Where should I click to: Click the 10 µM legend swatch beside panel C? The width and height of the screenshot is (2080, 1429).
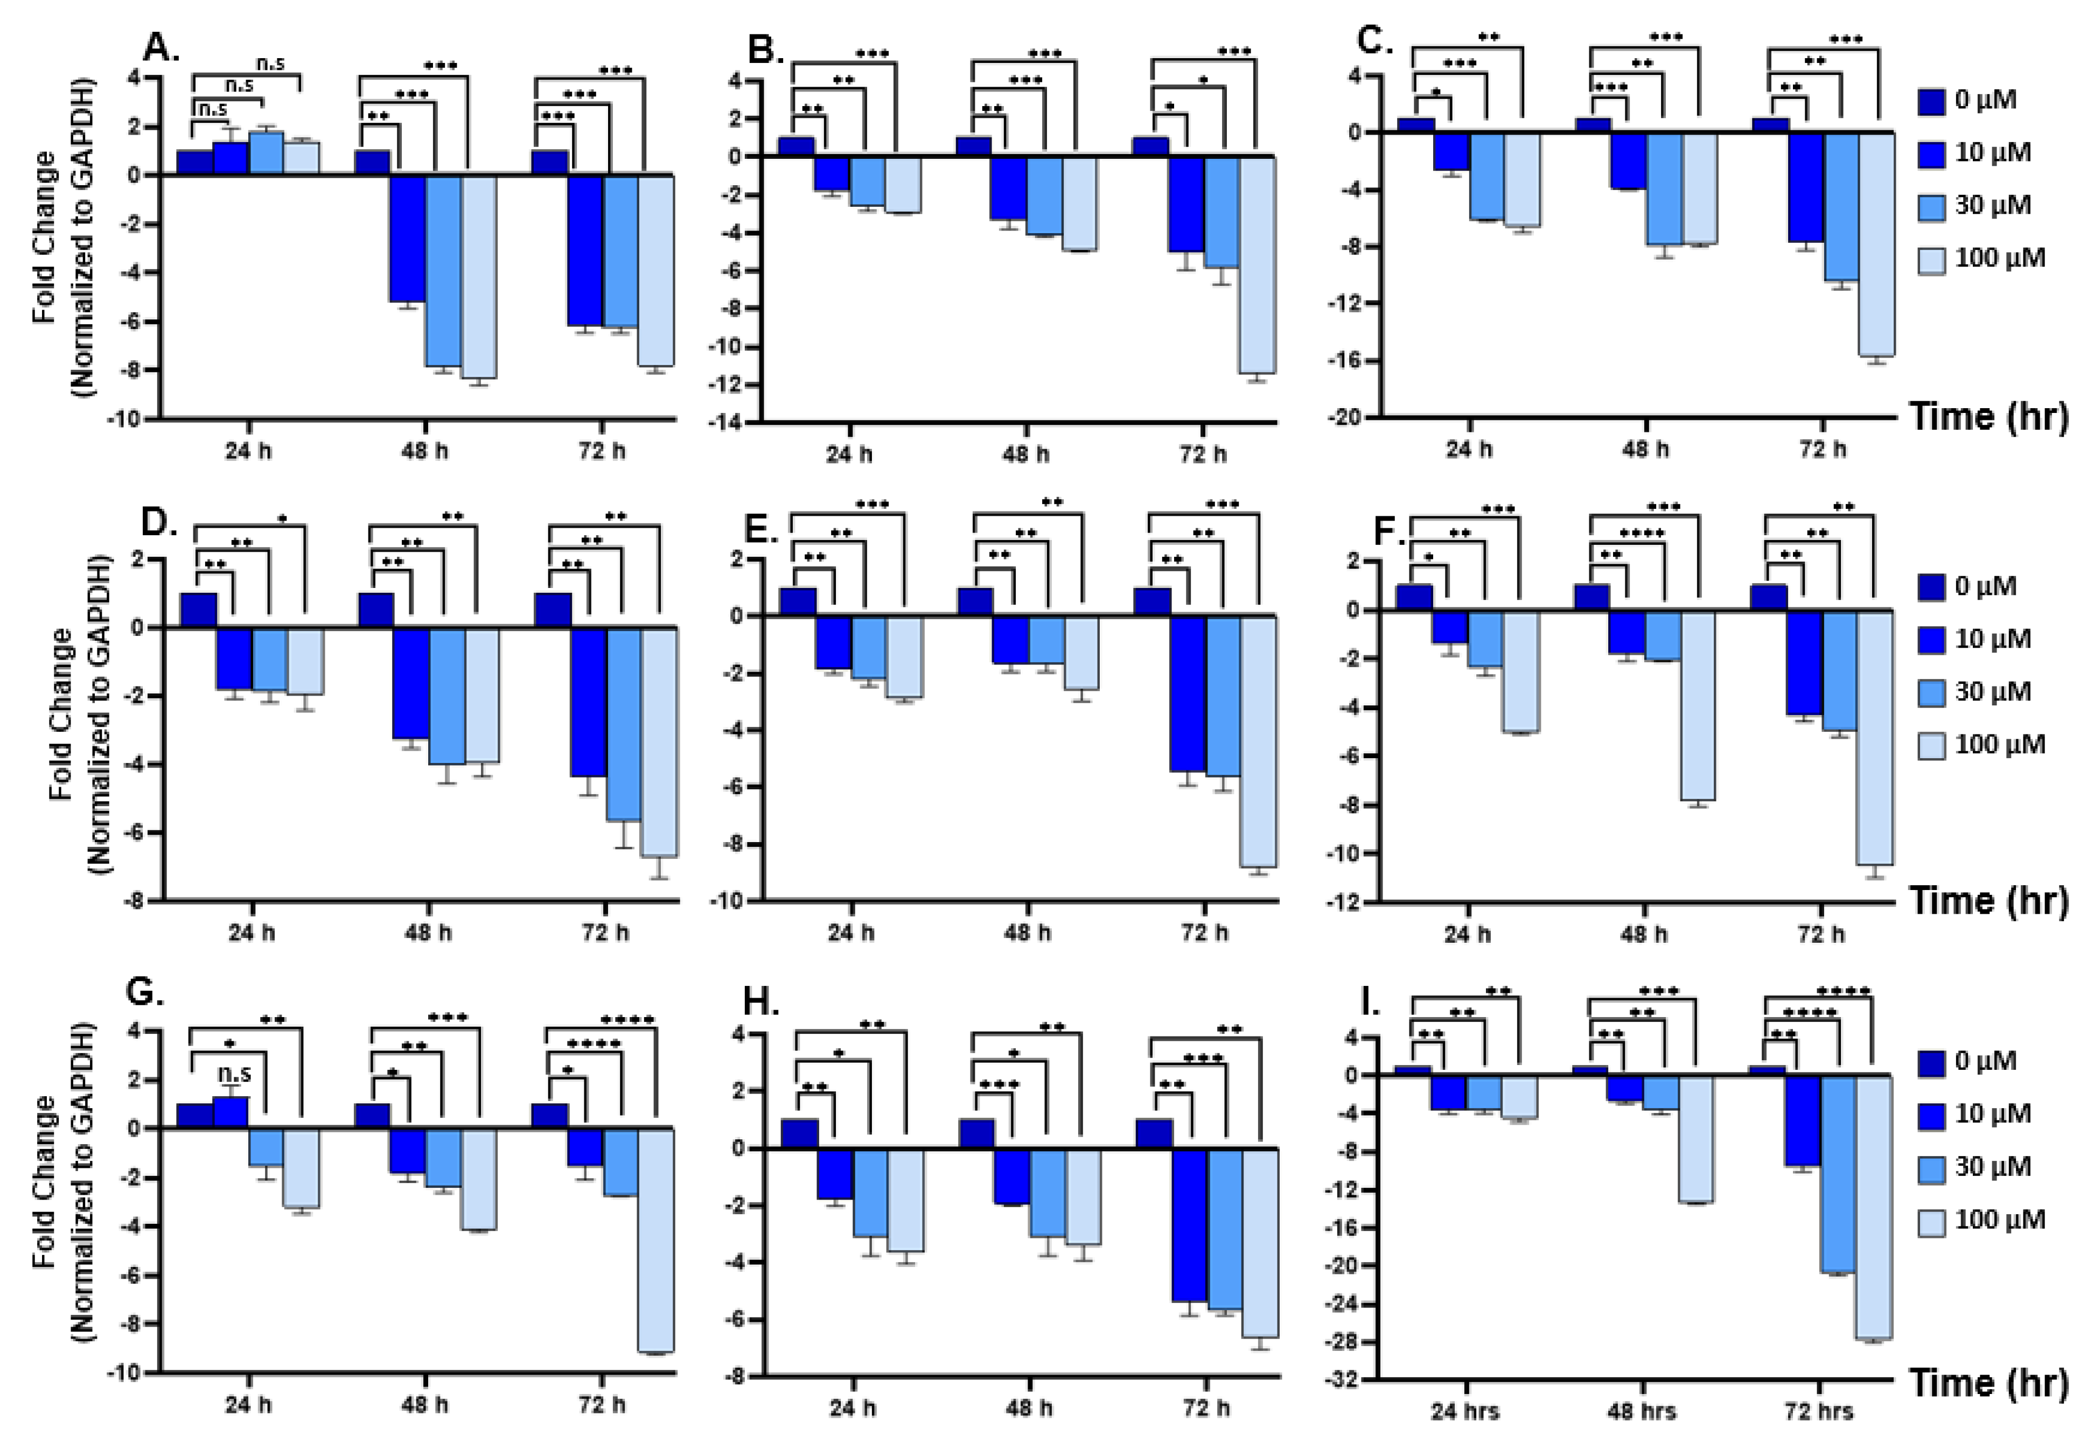coord(1931,153)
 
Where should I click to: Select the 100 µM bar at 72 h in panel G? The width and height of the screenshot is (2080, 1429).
coord(657,1240)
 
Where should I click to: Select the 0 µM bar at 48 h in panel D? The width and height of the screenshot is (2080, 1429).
coord(376,610)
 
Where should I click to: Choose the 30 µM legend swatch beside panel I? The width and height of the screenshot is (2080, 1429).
coord(1931,1167)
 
